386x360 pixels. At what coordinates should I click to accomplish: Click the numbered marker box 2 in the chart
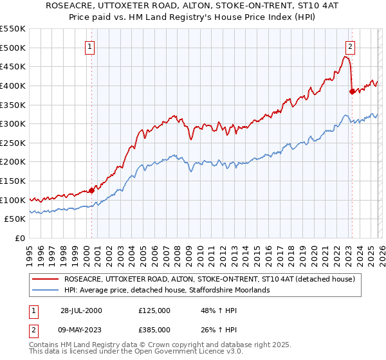coord(351,46)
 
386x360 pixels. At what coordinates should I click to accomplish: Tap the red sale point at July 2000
coord(92,190)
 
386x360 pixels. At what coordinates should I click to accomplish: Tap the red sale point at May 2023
coord(351,91)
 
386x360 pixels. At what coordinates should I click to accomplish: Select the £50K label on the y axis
coord(15,219)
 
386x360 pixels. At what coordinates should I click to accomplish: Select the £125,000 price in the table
coord(154,310)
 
